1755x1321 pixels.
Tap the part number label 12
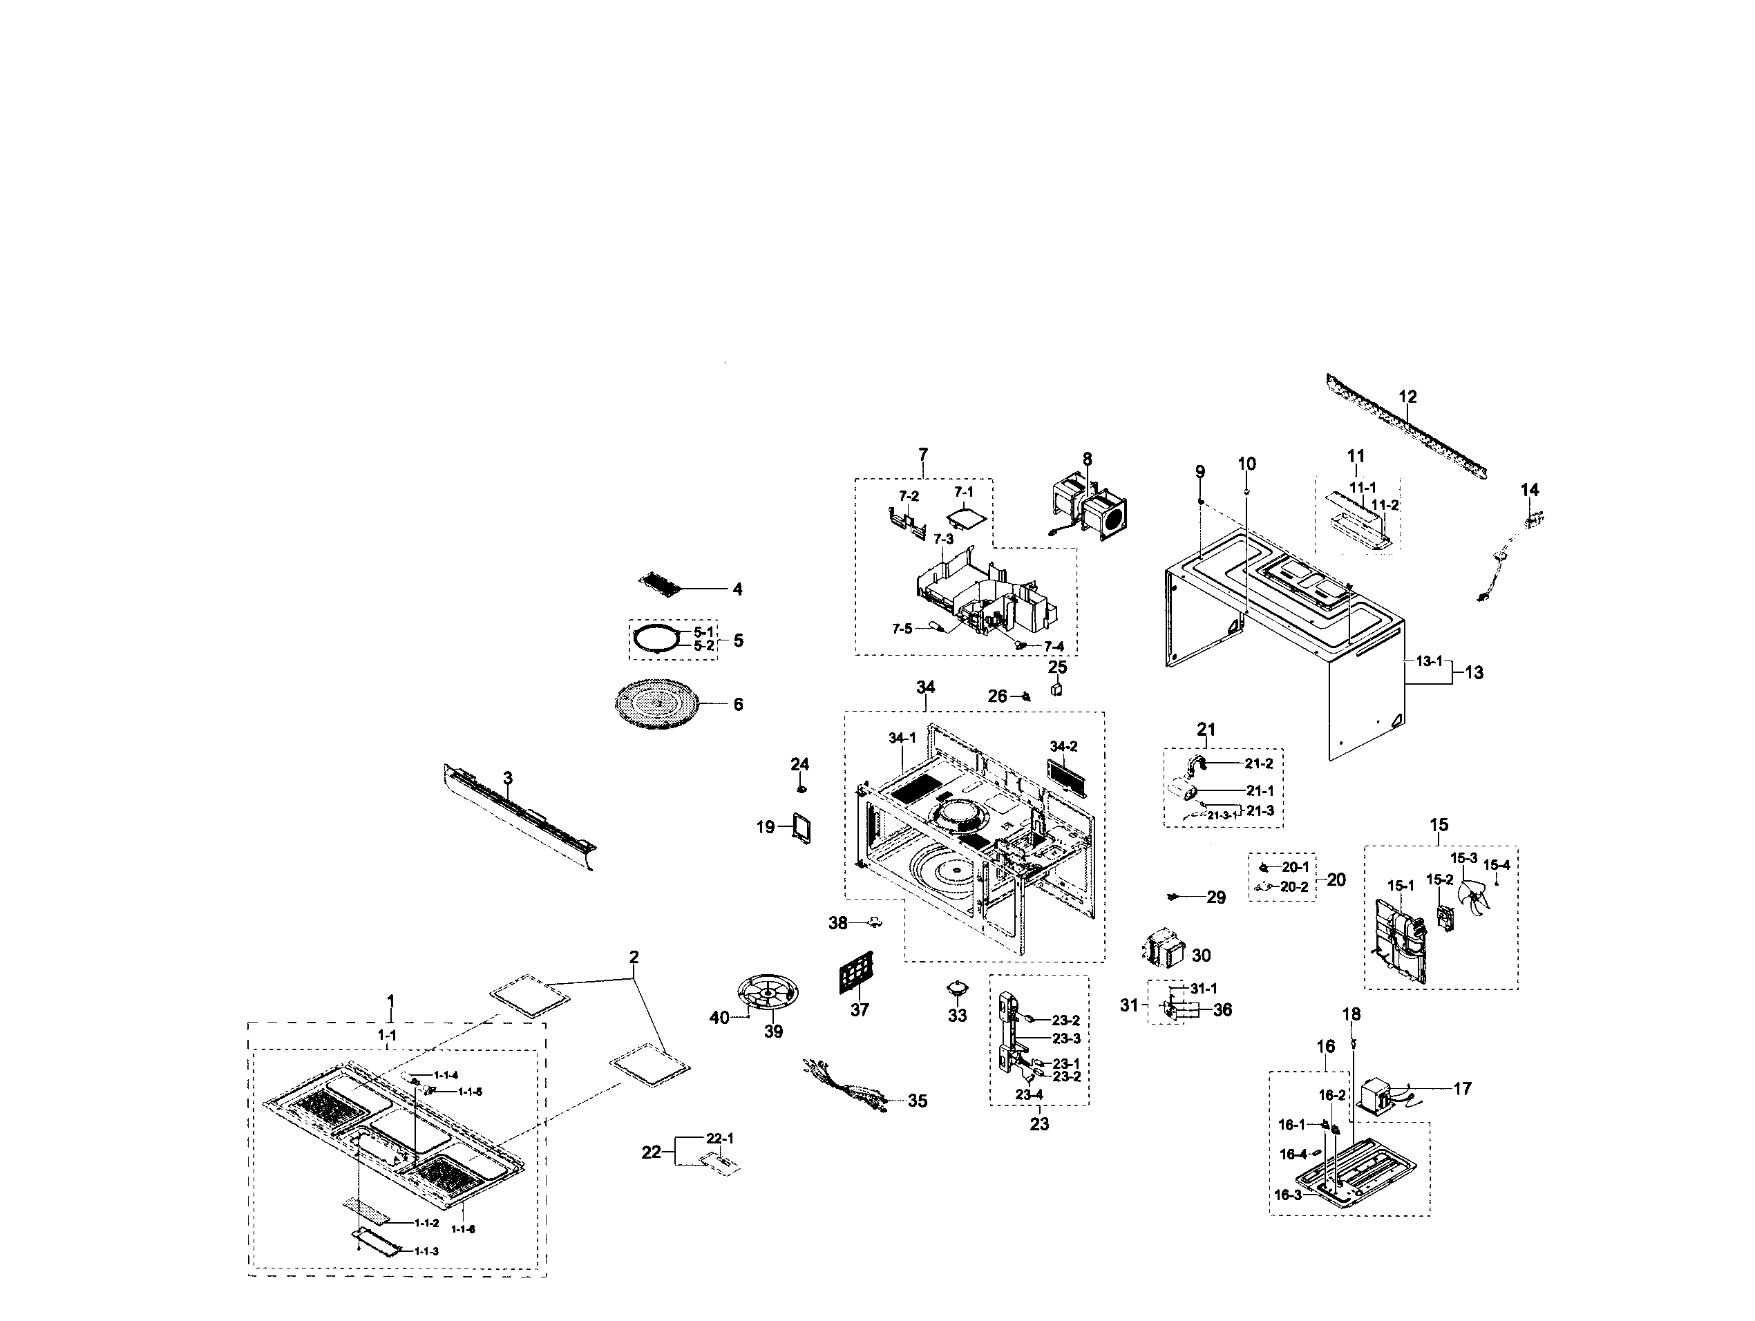1407,396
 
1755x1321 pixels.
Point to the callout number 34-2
1064,747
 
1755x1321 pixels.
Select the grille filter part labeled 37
857,973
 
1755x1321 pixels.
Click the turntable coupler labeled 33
958,988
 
